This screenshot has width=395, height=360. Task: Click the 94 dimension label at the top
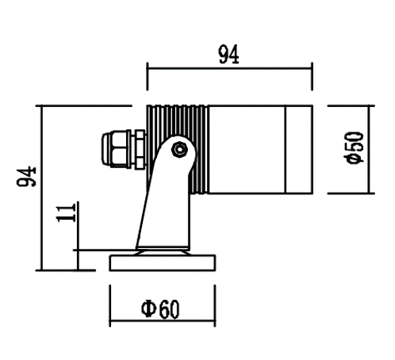(229, 55)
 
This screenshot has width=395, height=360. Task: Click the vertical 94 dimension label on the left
(26, 177)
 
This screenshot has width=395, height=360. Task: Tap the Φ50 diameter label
(355, 147)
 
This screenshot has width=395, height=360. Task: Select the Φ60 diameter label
(160, 308)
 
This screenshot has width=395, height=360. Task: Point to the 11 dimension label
(66, 213)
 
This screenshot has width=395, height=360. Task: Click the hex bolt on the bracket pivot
(180, 150)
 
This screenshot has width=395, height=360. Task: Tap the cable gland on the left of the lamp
(124, 150)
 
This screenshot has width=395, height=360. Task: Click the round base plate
(163, 263)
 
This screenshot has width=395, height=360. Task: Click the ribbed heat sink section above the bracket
(178, 121)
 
